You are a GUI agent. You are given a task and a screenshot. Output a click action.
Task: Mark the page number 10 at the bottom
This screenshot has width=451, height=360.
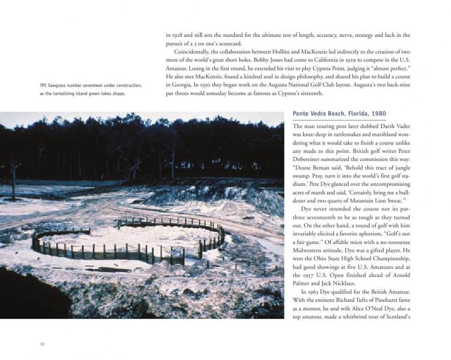click(x=42, y=345)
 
